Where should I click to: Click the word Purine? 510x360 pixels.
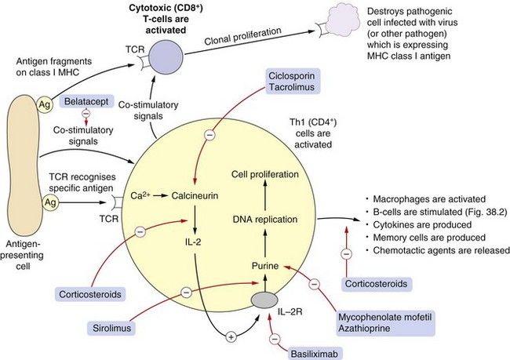[265, 267]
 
